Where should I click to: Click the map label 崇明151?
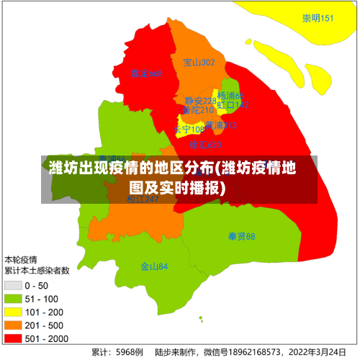[x=318, y=18]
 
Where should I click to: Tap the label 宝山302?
[x=199, y=63]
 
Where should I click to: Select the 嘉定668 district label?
[x=147, y=73]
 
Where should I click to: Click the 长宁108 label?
[x=189, y=130]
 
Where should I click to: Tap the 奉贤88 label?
[x=241, y=236]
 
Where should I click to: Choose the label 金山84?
[x=154, y=266]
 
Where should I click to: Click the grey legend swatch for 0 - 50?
[x=14, y=285]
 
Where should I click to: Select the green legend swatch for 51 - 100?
[x=14, y=298]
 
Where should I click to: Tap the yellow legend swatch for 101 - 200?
[x=14, y=311]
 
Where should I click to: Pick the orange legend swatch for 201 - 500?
[x=14, y=324]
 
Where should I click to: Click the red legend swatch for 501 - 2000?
[x=14, y=337]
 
